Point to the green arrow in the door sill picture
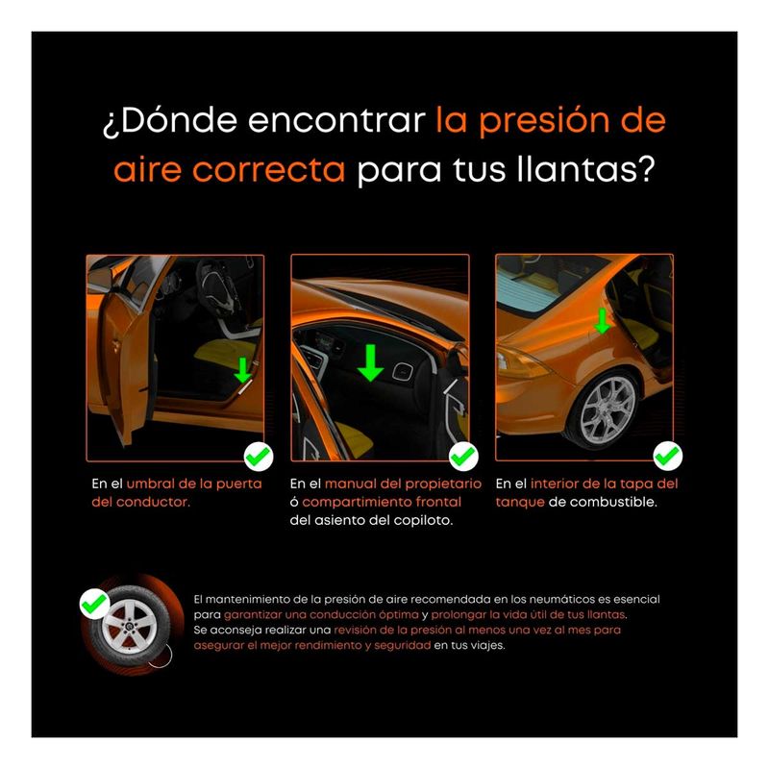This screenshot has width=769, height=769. coord(243,370)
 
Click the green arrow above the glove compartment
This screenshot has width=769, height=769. coord(371,363)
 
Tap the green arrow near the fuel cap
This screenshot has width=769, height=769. coord(602,321)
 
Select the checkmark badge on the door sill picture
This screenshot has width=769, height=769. coord(259,457)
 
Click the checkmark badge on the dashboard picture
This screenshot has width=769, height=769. coord(463,457)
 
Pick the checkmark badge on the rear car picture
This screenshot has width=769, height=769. coord(667,456)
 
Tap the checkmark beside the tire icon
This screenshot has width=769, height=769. coord(94,604)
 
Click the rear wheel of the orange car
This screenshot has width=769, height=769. coord(606,409)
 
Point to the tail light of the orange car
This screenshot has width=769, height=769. coord(520,364)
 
